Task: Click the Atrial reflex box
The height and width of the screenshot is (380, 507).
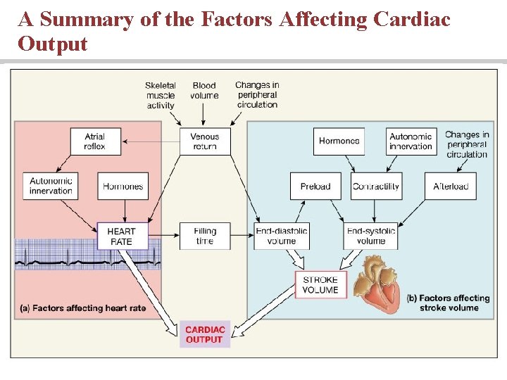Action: coord(95,141)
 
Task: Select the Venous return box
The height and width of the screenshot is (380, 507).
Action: coord(204,141)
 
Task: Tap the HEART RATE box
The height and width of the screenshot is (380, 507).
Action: coord(121,236)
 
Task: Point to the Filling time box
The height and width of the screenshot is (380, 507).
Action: coord(204,236)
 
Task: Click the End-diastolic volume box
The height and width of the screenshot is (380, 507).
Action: coord(281,236)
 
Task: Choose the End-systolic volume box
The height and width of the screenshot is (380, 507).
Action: coord(370,236)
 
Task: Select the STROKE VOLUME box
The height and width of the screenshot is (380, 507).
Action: coord(320,284)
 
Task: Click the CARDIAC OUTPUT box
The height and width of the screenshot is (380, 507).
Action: coord(204,334)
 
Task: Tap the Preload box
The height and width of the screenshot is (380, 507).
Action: coord(315,186)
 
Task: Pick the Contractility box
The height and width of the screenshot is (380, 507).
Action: coord(376,186)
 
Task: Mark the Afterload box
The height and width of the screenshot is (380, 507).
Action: coord(451,186)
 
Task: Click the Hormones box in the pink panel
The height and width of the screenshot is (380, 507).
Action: coord(123,186)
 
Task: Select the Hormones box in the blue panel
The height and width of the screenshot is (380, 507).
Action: coord(339,141)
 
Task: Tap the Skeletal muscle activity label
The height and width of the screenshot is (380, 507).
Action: coord(161,96)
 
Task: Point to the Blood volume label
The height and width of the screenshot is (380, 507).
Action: coord(204,91)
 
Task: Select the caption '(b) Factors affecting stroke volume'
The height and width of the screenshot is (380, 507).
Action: coord(449,303)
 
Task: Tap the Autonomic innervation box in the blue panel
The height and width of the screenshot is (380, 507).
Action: coord(411,141)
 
